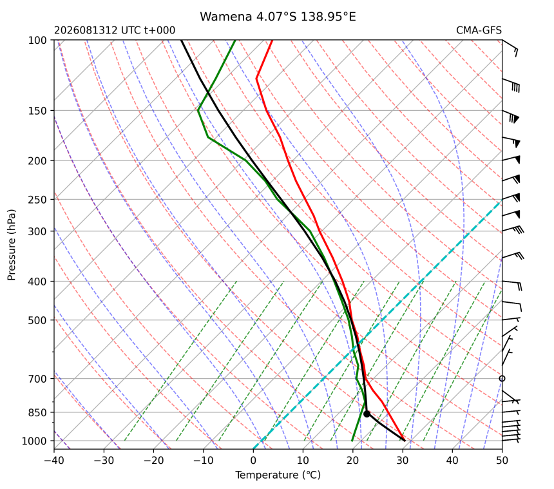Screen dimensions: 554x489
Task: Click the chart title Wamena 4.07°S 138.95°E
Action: click(x=278, y=17)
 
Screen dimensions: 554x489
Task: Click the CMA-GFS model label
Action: click(x=479, y=30)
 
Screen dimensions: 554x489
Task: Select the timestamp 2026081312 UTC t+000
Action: click(x=115, y=30)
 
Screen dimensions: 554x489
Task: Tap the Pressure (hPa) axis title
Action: click(x=12, y=245)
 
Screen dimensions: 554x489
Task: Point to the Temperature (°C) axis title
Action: click(x=278, y=475)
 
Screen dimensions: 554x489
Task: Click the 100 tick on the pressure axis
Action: click(x=37, y=41)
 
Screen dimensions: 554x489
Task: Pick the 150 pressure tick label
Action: click(x=37, y=111)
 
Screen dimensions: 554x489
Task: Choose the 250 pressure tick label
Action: click(x=37, y=200)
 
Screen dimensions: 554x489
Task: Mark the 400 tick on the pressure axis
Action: click(x=37, y=282)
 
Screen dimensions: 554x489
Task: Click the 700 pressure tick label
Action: click(x=37, y=379)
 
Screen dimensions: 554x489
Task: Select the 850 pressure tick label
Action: click(x=37, y=412)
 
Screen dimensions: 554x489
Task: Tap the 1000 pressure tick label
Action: click(x=34, y=441)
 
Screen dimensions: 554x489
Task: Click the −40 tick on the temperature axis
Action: click(x=54, y=461)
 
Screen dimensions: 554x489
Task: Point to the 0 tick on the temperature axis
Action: click(x=253, y=461)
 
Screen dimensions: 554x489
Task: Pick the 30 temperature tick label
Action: click(x=403, y=461)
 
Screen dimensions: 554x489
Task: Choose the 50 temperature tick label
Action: click(x=502, y=461)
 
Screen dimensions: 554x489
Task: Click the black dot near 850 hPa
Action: click(x=367, y=414)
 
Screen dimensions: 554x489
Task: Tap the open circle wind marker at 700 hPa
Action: click(x=502, y=378)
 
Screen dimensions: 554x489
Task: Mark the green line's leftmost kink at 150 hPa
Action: click(x=198, y=110)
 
